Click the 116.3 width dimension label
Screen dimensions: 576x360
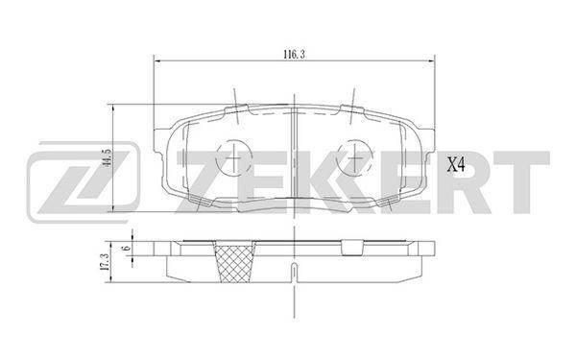pyautogui.click(x=294, y=55)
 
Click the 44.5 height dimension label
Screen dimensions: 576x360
pyautogui.click(x=108, y=158)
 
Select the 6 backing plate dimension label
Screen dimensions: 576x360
pyautogui.click(x=128, y=248)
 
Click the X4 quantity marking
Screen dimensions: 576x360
pyautogui.click(x=456, y=165)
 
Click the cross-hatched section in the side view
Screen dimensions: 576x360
pyautogui.click(x=235, y=262)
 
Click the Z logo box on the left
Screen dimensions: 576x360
pyautogui.click(x=84, y=182)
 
